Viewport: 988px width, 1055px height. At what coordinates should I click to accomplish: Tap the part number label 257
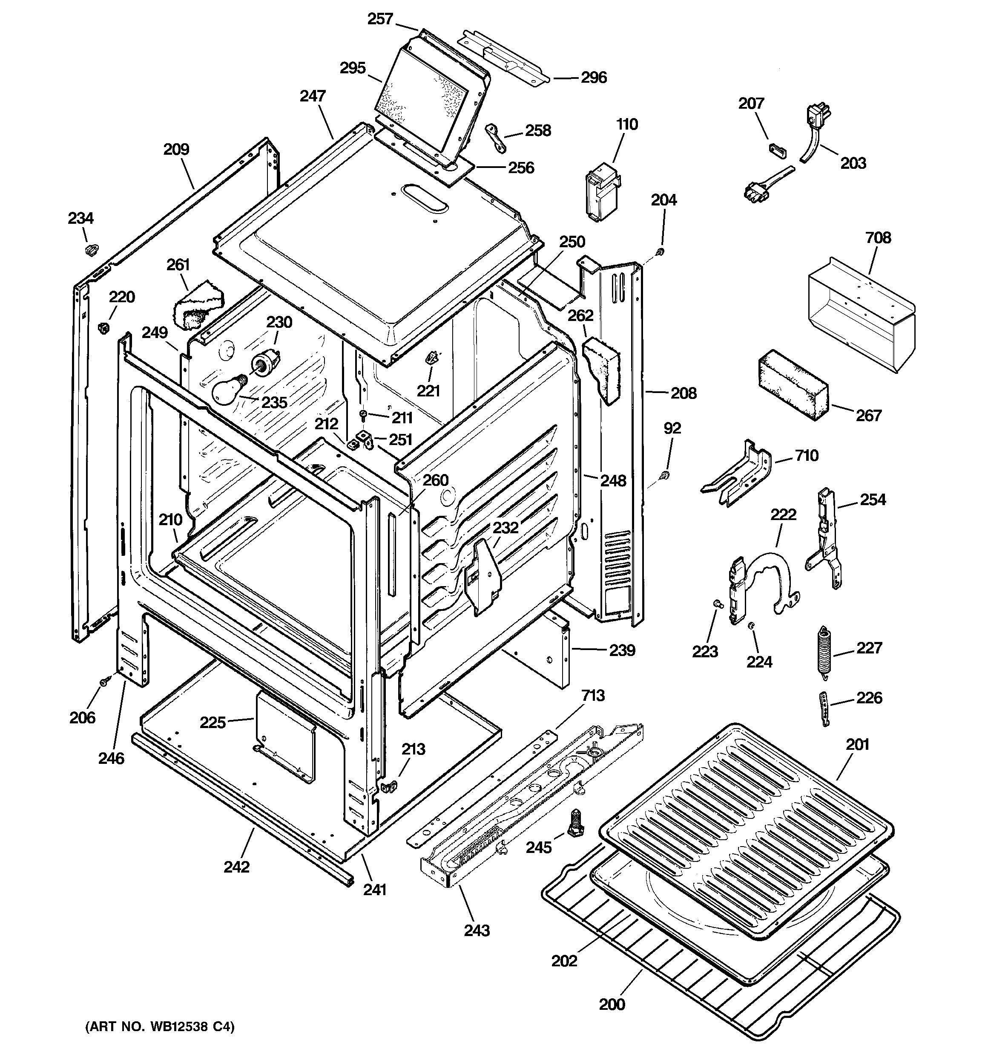380,19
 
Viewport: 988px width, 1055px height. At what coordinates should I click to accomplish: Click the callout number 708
878,238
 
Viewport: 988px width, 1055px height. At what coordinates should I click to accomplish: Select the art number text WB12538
175,1027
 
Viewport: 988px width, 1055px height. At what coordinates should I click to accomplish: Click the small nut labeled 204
660,251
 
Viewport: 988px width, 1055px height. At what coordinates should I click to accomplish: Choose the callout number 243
477,930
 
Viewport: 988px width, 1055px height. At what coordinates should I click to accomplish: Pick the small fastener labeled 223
716,603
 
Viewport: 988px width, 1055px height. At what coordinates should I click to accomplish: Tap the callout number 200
612,1005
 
